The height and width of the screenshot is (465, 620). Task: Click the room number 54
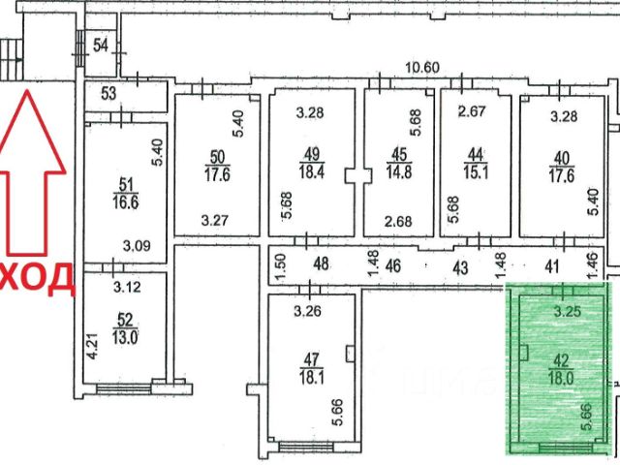tap(101, 46)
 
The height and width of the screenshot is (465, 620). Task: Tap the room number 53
tap(108, 94)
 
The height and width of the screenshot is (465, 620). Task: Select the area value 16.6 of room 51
tap(126, 202)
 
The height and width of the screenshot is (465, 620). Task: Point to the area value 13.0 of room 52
tap(125, 338)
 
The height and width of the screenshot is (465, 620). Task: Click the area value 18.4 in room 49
tap(312, 172)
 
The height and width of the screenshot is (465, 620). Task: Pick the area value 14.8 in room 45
tap(399, 172)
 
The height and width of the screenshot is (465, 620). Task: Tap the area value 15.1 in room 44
tap(476, 172)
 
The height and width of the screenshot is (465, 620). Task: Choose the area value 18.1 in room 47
tap(312, 378)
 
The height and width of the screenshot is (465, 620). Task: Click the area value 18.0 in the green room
tap(561, 378)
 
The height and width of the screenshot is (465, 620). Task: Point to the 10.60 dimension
tap(422, 68)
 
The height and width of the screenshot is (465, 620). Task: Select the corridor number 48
tap(321, 263)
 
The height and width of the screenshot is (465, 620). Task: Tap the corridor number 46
tap(392, 265)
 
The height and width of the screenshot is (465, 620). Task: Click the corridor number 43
tap(460, 267)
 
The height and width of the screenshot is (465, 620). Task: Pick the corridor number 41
tap(551, 266)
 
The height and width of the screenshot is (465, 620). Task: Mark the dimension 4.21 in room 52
tap(92, 346)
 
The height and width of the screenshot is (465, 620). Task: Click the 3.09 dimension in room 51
tap(137, 246)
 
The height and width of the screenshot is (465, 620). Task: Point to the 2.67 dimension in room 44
tap(472, 110)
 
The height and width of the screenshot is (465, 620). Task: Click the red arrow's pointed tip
tap(27, 90)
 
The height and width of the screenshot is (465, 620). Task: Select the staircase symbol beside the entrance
tap(12, 59)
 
